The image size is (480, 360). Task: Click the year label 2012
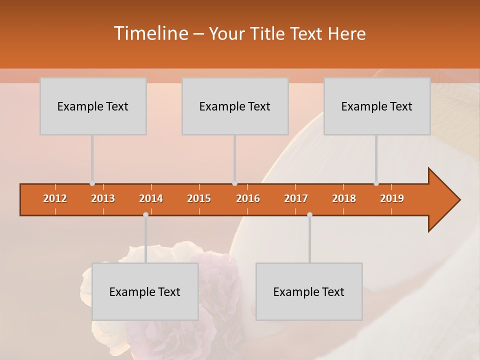coord(55,198)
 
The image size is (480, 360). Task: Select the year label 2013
coord(103,198)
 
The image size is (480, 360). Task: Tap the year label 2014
coord(151,198)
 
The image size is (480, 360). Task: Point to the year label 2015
coord(199,198)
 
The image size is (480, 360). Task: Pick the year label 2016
coord(248,198)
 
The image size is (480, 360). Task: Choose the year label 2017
coord(296,198)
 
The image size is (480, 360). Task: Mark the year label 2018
coord(344,198)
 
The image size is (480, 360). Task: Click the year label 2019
coord(392,198)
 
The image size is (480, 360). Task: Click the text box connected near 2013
coord(93,106)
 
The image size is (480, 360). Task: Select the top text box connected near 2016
coord(235,106)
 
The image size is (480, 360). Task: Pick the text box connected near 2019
coord(377,106)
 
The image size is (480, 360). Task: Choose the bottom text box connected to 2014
coord(145,291)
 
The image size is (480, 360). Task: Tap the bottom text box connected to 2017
coord(309,291)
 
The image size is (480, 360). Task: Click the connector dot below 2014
coord(145,214)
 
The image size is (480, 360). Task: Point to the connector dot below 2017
coord(309,214)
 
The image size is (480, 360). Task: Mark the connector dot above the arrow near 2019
coord(376,183)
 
